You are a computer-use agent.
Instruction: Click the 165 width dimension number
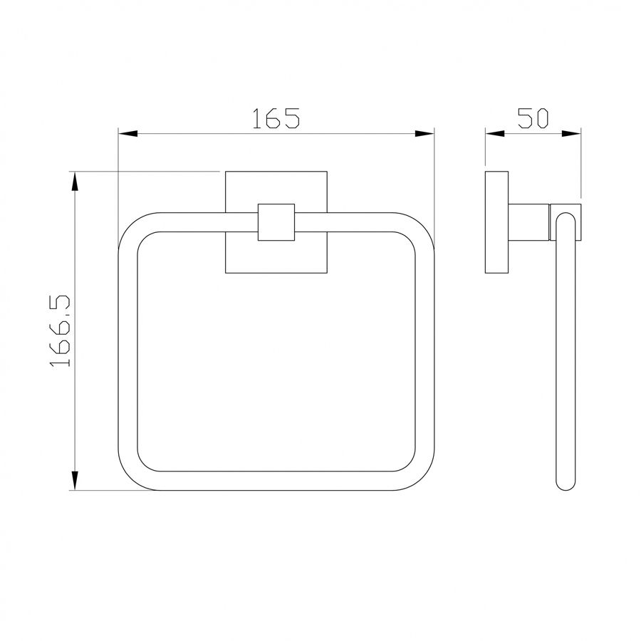click(x=276, y=118)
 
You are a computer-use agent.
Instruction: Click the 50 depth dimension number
click(x=533, y=118)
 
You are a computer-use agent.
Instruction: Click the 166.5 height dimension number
click(x=60, y=330)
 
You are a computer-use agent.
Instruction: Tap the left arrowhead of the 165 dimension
click(x=127, y=134)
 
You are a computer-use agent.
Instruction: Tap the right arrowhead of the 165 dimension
click(x=424, y=134)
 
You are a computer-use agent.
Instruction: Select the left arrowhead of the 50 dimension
click(x=495, y=134)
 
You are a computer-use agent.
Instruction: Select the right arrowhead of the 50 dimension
click(x=571, y=134)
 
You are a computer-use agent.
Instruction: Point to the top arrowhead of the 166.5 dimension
click(x=74, y=181)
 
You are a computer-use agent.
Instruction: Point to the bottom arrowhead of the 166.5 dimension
click(x=74, y=480)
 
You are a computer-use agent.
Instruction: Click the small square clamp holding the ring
click(x=276, y=222)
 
